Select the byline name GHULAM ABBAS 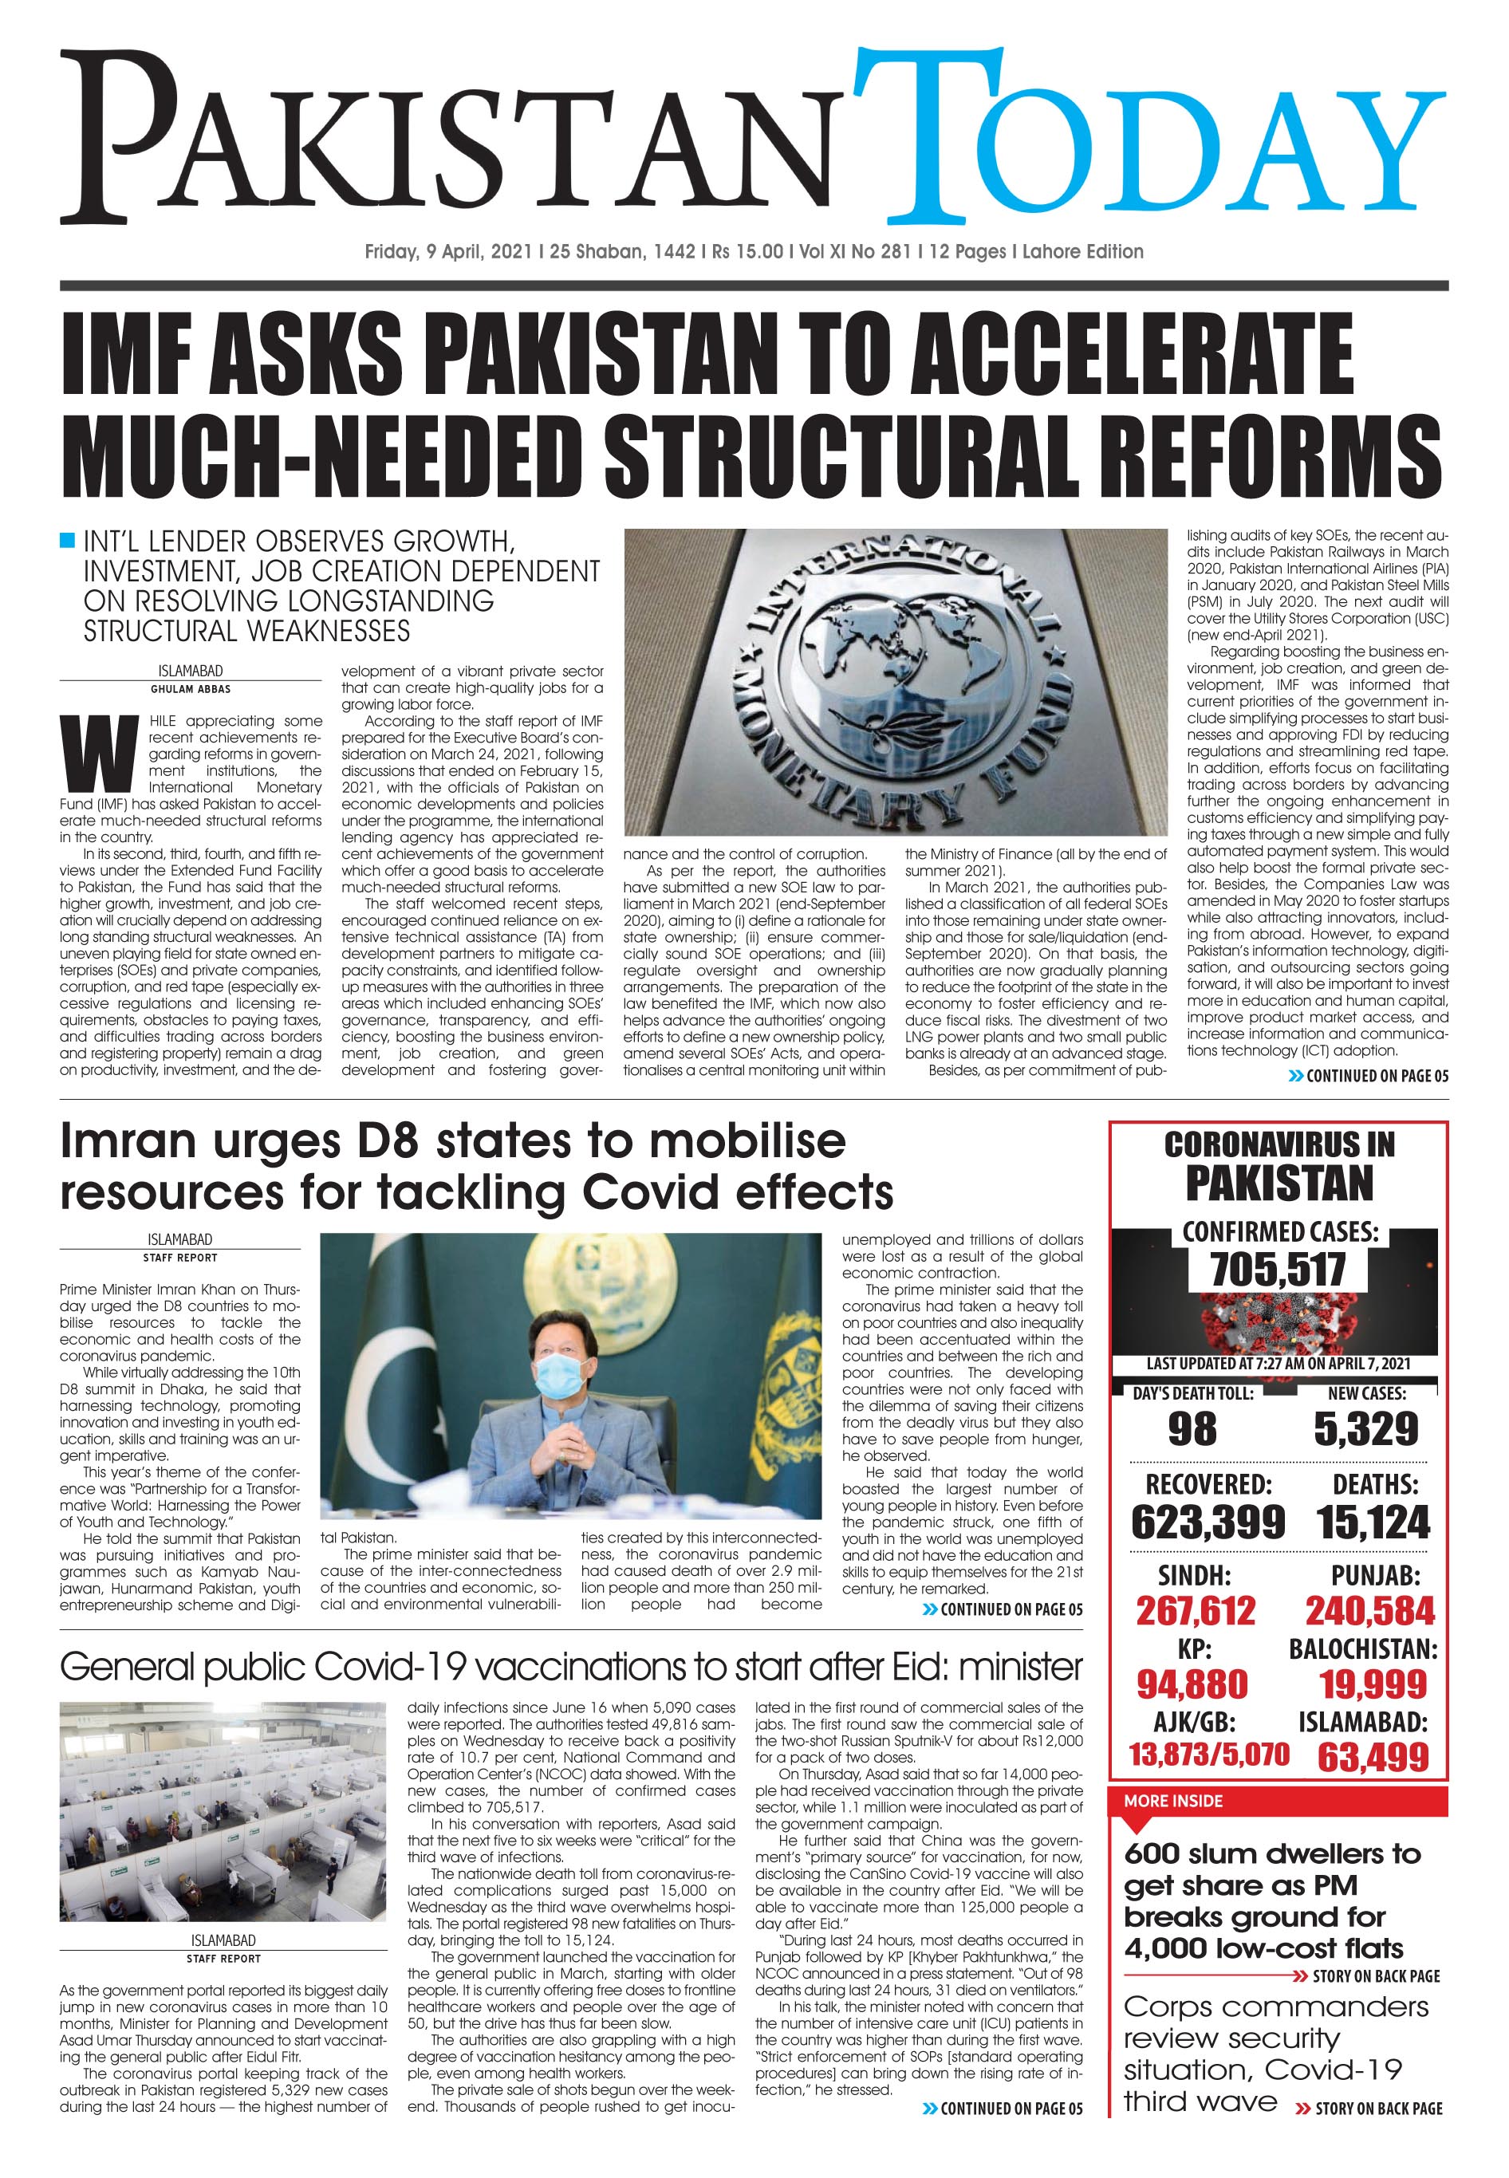click(190, 689)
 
